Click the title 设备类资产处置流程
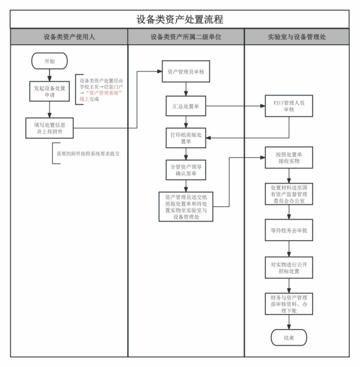pos(179,20)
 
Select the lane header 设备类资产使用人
pos(69,37)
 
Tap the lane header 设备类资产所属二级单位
pos(186,37)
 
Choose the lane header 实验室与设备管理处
pos(297,37)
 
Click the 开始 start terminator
pos(50,61)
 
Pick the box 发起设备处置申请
pos(50,91)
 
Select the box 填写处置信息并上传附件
pos(50,128)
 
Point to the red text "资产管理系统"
pos(104,93)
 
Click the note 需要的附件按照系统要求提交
pos(88,153)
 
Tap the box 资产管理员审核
pos(186,71)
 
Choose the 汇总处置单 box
pos(186,106)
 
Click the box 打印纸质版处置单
pos(186,138)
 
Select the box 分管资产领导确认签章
pos(186,170)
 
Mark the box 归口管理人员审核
pos(289,106)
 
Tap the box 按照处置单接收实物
pos(289,157)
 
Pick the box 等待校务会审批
pos(289,230)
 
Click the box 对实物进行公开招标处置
pos(289,268)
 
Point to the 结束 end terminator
pos(289,338)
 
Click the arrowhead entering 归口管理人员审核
pos(263,106)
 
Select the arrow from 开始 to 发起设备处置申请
pos(50,75)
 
